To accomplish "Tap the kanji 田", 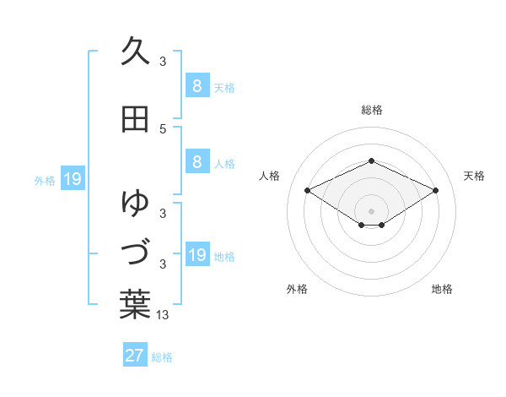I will [135, 120].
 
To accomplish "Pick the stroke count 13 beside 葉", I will [164, 315].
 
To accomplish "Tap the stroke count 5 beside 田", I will [164, 128].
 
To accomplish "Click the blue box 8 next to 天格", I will [196, 85].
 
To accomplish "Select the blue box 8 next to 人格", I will [196, 162].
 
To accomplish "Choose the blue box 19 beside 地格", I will [196, 255].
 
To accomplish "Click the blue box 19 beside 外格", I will [72, 179].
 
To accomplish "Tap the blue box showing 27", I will [135, 356].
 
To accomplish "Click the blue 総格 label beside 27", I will [162, 357].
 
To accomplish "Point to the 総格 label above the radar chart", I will [371, 110].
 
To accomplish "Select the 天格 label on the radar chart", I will [474, 176].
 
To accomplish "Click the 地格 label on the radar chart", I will [442, 289].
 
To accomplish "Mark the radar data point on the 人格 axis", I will [307, 190].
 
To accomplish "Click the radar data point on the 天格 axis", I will [435, 190].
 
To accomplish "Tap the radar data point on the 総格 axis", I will [371, 160].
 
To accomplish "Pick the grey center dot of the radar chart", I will [371, 210].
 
